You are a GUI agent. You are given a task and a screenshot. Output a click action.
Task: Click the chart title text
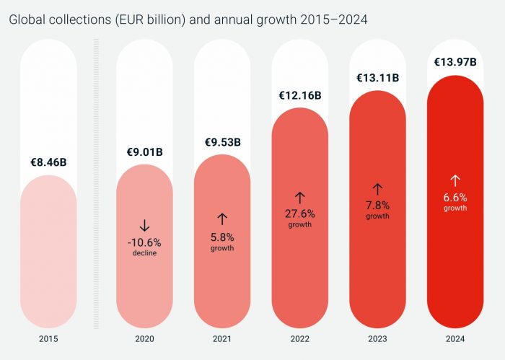188,19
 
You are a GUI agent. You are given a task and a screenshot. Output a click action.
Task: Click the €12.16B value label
299,95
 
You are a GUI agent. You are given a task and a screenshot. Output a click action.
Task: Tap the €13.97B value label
455,62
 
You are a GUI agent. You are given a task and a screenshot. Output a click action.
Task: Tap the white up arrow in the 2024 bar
455,180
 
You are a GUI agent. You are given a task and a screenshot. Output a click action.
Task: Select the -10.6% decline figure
144,242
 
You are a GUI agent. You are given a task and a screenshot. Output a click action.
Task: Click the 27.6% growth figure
299,214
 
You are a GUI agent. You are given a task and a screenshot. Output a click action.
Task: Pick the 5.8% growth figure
221,237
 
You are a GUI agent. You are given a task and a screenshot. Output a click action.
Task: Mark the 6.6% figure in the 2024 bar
455,197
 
